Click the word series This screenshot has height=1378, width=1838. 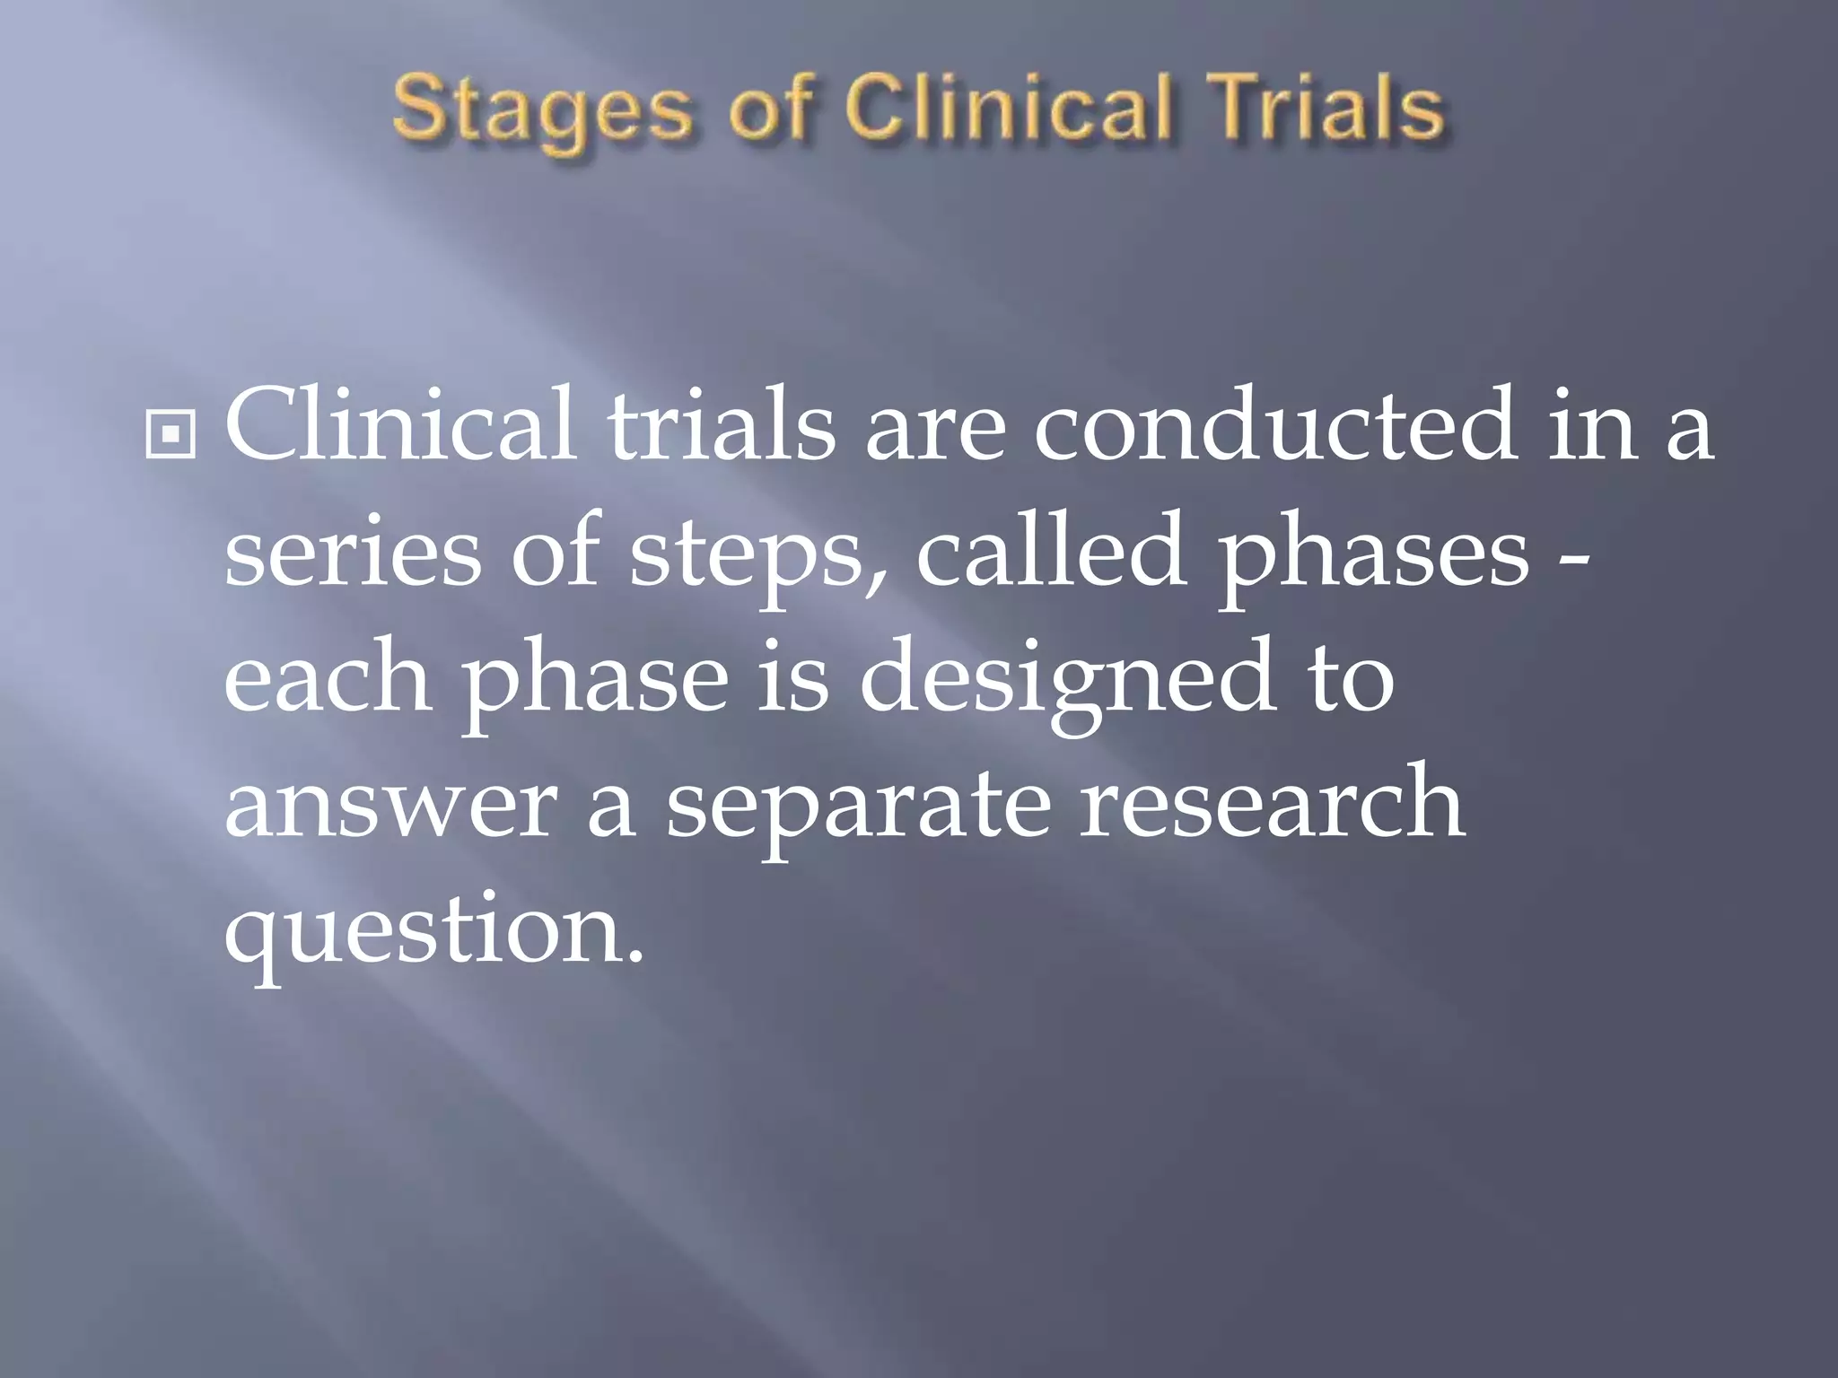tap(353, 554)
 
